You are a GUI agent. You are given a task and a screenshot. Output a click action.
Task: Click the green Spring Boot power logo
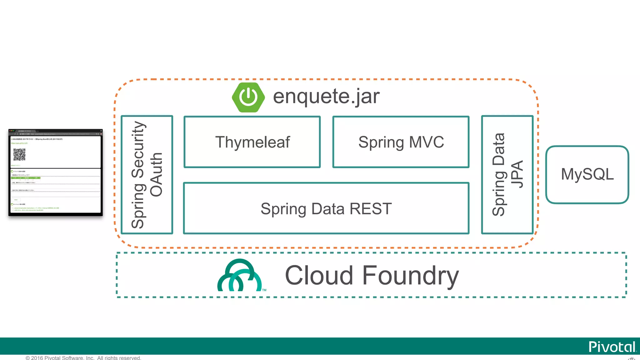coord(248,97)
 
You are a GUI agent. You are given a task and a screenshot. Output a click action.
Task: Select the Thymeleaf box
coord(252,142)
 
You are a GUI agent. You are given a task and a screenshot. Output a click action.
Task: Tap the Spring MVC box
coord(401,142)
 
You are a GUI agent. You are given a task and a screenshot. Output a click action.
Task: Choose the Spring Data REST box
coord(326,208)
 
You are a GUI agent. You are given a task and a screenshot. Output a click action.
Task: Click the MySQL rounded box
coord(587,174)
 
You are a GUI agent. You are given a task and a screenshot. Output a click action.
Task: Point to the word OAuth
coord(156,175)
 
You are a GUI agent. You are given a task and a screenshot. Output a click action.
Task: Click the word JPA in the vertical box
coord(517,175)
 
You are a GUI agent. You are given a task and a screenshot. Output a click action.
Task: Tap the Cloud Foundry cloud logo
coord(239,276)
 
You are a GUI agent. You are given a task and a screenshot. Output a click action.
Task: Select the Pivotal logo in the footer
coord(612,347)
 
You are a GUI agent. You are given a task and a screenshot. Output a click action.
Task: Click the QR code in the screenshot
coord(19,154)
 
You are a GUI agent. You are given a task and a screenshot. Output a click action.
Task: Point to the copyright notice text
coord(83,358)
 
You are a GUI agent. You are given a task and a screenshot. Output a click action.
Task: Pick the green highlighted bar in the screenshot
coord(26,178)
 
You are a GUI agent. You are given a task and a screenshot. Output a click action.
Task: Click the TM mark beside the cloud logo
coord(264,290)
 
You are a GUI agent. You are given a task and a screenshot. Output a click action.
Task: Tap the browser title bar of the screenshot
coord(55,131)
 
